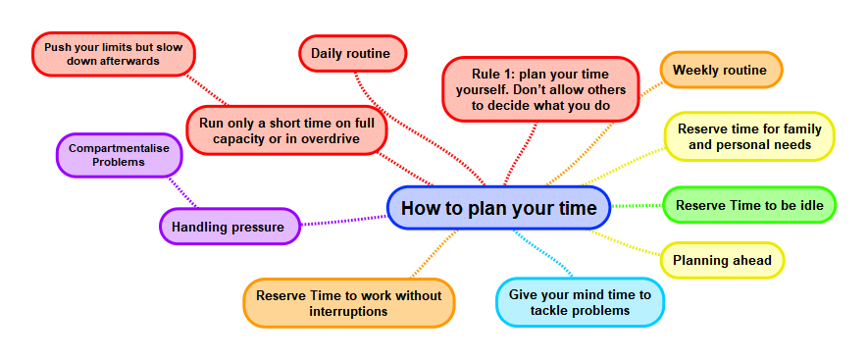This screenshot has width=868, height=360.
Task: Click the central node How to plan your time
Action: (x=498, y=208)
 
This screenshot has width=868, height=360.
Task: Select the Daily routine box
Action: (x=351, y=53)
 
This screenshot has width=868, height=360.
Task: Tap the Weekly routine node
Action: (x=721, y=71)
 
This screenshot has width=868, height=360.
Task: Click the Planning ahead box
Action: (x=722, y=261)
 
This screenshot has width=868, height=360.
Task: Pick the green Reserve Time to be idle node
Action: (x=750, y=206)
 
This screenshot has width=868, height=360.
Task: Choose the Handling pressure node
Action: (x=229, y=227)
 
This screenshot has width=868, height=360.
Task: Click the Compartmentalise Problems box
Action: (x=119, y=155)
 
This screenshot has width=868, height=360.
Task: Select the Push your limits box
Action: (x=114, y=54)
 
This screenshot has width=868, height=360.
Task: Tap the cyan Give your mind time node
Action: (x=580, y=302)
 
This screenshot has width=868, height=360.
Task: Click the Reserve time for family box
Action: (x=749, y=136)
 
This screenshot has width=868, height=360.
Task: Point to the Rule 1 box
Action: (x=540, y=89)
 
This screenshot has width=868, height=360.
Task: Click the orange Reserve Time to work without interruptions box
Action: (x=349, y=303)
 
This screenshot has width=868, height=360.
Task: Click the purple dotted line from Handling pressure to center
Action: (x=343, y=220)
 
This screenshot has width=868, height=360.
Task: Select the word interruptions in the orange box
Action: (x=349, y=312)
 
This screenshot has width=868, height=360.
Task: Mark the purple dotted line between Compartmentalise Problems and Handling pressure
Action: (x=182, y=193)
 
